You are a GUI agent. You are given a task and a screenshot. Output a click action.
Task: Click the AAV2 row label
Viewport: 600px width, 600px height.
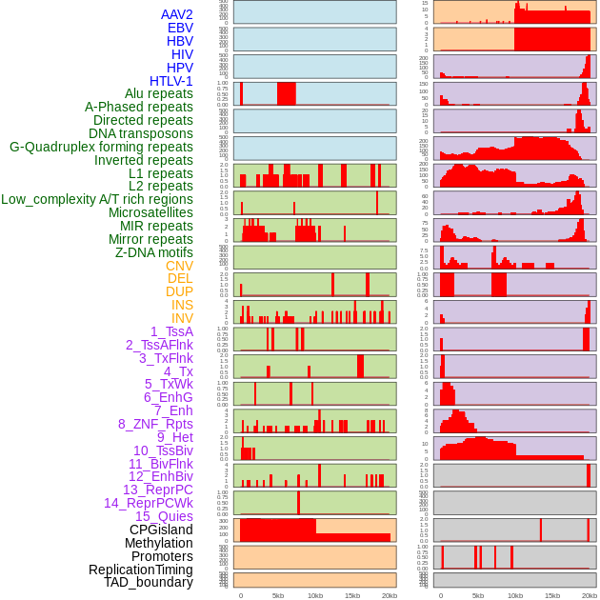click(176, 14)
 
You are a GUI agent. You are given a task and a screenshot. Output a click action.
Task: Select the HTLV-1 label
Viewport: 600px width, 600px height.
click(170, 81)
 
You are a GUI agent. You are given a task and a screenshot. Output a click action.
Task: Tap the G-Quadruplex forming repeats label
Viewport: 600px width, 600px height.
click(101, 147)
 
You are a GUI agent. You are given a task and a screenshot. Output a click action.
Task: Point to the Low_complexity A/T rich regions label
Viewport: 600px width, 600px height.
click(96, 199)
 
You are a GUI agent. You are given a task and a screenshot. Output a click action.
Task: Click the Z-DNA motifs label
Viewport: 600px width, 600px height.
click(153, 252)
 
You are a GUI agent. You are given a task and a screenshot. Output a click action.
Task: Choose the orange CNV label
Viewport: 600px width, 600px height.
click(179, 266)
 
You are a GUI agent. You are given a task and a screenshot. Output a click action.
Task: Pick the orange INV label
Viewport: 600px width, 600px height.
click(182, 318)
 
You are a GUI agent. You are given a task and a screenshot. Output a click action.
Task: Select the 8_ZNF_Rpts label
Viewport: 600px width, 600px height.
click(155, 424)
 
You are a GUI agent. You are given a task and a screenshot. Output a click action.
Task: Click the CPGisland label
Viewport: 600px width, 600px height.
click(161, 530)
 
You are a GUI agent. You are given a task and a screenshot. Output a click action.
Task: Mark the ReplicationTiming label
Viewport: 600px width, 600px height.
click(140, 570)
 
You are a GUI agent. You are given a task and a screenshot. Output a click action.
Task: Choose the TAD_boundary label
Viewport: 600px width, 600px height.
click(148, 582)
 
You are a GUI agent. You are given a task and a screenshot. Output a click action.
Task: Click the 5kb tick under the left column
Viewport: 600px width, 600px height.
click(278, 595)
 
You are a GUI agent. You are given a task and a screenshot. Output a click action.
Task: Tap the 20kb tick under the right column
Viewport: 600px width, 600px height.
click(590, 595)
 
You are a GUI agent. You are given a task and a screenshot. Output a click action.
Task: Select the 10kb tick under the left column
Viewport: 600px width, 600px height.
click(315, 595)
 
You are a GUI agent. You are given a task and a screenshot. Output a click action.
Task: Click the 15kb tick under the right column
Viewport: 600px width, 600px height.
click(552, 595)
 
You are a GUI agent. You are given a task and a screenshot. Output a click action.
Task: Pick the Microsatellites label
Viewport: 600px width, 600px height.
click(150, 212)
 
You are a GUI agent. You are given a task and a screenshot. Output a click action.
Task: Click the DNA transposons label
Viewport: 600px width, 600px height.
click(140, 133)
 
